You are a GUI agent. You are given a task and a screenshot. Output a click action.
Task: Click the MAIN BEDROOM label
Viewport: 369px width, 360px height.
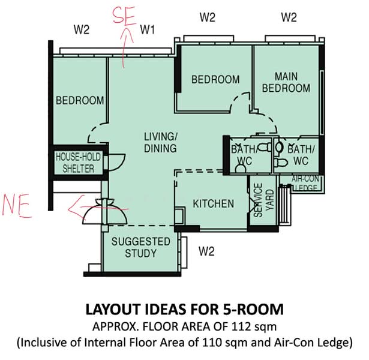(286, 82)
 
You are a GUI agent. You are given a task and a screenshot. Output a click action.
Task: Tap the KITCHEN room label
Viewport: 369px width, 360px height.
(214, 204)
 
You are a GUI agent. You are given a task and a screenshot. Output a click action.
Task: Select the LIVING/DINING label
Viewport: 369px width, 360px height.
(160, 143)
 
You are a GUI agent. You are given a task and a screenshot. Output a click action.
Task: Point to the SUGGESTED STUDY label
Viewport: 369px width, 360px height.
(141, 247)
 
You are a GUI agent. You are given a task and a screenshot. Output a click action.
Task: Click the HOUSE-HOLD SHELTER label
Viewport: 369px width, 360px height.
(78, 163)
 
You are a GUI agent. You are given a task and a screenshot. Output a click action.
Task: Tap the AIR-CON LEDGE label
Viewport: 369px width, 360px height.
(305, 184)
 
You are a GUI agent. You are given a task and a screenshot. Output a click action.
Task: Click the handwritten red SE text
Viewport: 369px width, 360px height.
(124, 16)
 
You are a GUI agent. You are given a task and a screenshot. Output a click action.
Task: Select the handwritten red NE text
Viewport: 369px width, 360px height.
(16, 206)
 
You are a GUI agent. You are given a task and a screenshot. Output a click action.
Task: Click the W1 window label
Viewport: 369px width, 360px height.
(148, 30)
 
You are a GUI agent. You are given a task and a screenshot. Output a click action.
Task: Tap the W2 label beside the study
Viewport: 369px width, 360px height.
(206, 251)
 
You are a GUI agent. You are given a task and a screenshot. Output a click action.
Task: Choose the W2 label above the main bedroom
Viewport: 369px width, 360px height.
(289, 17)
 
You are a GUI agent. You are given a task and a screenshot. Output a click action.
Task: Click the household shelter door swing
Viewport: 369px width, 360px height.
(117, 163)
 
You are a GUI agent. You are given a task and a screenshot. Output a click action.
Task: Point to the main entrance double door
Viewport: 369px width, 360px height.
(105, 211)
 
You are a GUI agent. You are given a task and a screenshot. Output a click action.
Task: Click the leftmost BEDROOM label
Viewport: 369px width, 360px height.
(80, 100)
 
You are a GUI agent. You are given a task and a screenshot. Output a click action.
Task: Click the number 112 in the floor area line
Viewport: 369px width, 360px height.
(241, 326)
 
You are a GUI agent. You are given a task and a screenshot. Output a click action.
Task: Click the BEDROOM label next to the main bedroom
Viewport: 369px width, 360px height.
(215, 79)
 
